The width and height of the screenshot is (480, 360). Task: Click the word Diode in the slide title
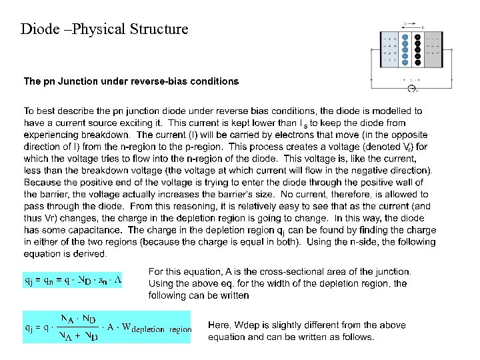40,29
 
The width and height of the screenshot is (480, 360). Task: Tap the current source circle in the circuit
411,89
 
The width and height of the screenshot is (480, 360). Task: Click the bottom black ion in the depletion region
417,61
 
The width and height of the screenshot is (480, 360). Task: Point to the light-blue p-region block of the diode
389,49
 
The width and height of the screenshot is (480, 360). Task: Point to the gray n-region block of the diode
433,49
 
